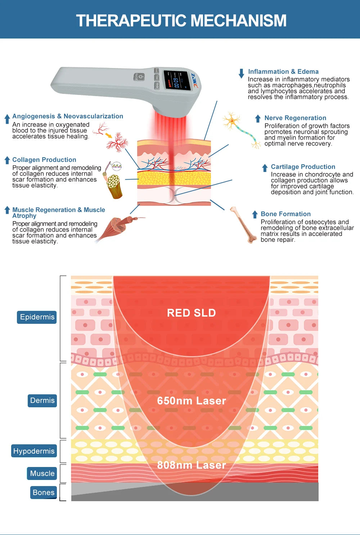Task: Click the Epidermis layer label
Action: (x=37, y=317)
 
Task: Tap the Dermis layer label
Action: (x=42, y=400)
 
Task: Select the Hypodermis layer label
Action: (x=34, y=451)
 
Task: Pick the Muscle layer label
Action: (x=42, y=473)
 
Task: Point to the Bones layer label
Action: (x=44, y=493)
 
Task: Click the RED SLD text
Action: (x=191, y=313)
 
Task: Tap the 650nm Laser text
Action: (x=191, y=401)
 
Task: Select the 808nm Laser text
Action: (x=191, y=465)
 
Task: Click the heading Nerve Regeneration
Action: (x=295, y=118)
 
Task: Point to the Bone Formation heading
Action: (x=285, y=214)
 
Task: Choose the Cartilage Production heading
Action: (x=303, y=167)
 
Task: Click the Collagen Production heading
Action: (x=44, y=160)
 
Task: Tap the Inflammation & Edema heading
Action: (x=283, y=72)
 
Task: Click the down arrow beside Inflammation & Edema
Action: (x=241, y=73)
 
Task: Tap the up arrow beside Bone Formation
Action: (x=255, y=215)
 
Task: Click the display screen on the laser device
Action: (x=177, y=80)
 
